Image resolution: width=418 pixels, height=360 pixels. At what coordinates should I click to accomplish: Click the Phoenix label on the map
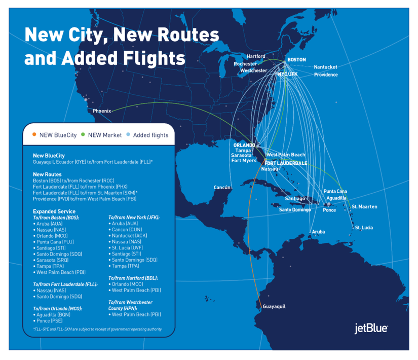102,111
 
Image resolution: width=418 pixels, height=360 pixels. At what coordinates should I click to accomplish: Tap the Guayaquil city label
274,306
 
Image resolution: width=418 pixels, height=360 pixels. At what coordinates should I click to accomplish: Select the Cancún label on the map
222,188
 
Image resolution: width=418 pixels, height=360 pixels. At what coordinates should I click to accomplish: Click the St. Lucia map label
364,228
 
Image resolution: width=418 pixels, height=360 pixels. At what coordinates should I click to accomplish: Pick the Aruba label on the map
318,232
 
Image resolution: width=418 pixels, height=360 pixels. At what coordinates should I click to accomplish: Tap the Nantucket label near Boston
325,67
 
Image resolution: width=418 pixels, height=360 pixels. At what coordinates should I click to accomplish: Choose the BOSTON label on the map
296,60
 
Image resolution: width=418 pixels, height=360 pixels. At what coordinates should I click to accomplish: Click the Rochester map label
245,64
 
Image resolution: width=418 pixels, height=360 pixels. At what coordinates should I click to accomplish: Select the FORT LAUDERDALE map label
286,163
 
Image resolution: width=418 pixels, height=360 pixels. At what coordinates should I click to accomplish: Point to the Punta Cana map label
335,191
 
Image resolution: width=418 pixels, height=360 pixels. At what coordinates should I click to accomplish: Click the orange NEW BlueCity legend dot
34,135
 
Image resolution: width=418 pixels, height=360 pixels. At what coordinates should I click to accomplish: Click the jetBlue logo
371,329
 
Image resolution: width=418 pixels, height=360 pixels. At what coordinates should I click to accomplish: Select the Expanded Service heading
54,211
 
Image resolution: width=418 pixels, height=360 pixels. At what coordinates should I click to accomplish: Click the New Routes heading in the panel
47,174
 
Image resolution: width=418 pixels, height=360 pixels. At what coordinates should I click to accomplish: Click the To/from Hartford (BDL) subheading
133,278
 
